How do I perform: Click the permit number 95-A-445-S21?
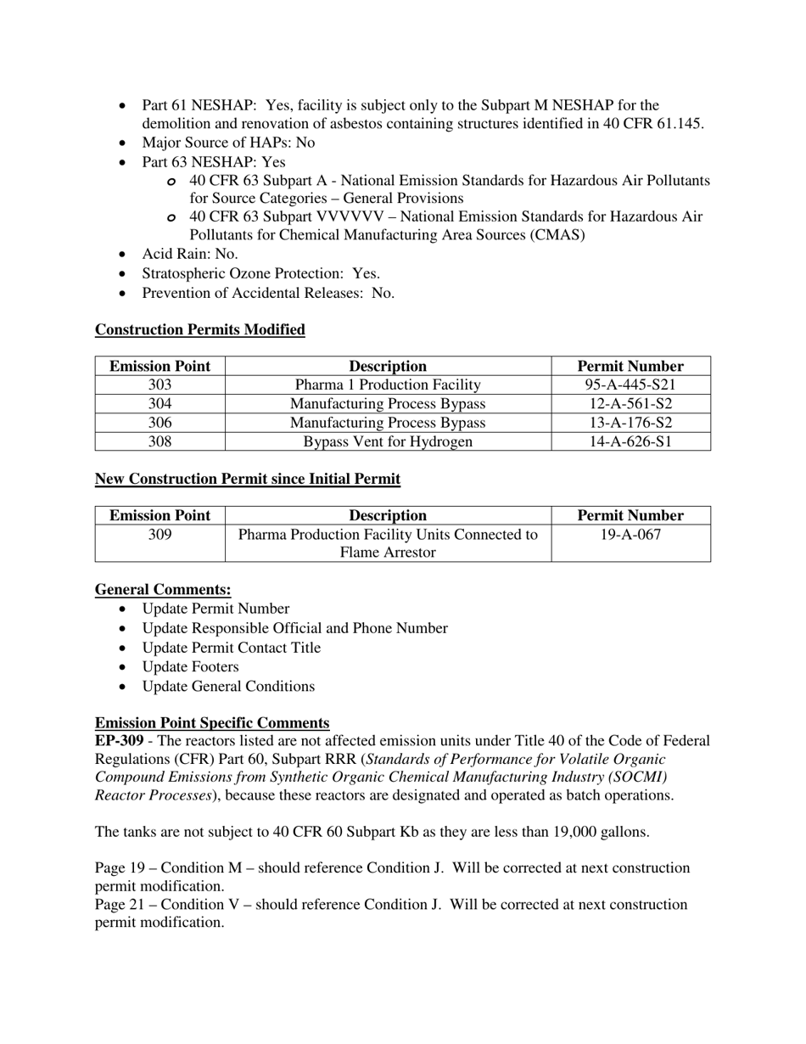pyautogui.click(x=630, y=385)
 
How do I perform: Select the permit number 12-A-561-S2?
pyautogui.click(x=630, y=404)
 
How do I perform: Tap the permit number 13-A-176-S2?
pyautogui.click(x=630, y=423)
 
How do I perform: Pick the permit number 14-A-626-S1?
pyautogui.click(x=630, y=441)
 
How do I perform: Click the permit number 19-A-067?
pyautogui.click(x=630, y=535)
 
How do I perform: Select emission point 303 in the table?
pyautogui.click(x=160, y=385)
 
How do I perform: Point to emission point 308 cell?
pyautogui.click(x=160, y=441)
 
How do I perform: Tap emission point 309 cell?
pyautogui.click(x=160, y=535)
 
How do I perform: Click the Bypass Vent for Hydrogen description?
pyautogui.click(x=388, y=441)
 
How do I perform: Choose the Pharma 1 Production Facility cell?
pyautogui.click(x=388, y=385)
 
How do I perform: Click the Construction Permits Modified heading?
pyautogui.click(x=199, y=330)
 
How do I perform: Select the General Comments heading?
pyautogui.click(x=162, y=590)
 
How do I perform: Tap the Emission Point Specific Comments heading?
pyautogui.click(x=212, y=723)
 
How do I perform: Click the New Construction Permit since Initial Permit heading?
pyautogui.click(x=247, y=480)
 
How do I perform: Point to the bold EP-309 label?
pyautogui.click(x=119, y=741)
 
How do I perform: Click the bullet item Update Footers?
pyautogui.click(x=190, y=667)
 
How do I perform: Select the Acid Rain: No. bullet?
pyautogui.click(x=190, y=254)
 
